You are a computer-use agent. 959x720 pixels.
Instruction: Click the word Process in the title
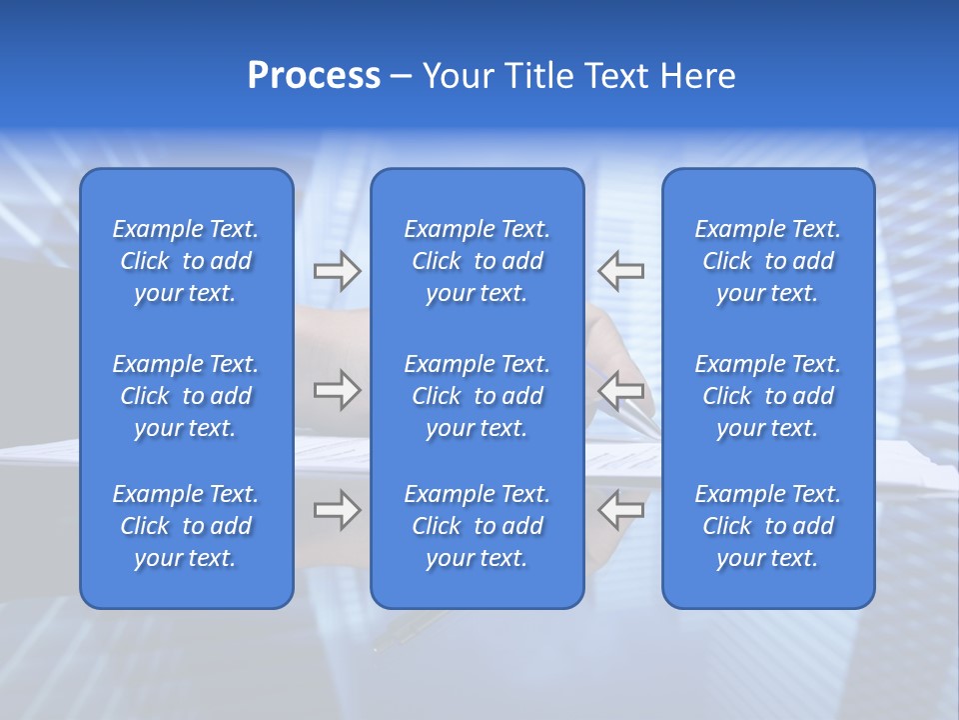pyautogui.click(x=314, y=76)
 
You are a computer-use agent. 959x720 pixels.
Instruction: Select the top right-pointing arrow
pyautogui.click(x=337, y=271)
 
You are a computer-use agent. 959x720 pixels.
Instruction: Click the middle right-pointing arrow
pyautogui.click(x=337, y=389)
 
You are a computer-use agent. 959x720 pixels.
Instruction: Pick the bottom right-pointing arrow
pyautogui.click(x=337, y=510)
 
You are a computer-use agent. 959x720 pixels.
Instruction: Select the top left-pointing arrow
pyautogui.click(x=620, y=270)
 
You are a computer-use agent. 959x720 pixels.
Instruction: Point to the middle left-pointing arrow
pyautogui.click(x=620, y=389)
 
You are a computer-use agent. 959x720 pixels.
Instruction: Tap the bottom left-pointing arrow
pyautogui.click(x=620, y=510)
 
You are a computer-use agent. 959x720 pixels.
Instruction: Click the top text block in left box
pyautogui.click(x=186, y=261)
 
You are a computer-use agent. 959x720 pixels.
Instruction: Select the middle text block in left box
pyautogui.click(x=186, y=396)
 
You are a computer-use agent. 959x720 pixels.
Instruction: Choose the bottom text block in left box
pyautogui.click(x=186, y=526)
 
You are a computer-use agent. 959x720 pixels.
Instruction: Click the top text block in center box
pyautogui.click(x=478, y=261)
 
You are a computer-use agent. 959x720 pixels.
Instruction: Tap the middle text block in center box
pyautogui.click(x=478, y=396)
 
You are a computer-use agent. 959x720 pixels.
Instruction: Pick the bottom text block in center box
pyautogui.click(x=478, y=526)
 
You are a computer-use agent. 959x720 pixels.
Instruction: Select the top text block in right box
pyautogui.click(x=768, y=261)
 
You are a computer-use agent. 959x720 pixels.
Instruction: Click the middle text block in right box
pyautogui.click(x=768, y=396)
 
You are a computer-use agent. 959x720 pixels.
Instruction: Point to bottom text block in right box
pyautogui.click(x=768, y=526)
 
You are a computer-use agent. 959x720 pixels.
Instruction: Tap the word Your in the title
pyautogui.click(x=456, y=76)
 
